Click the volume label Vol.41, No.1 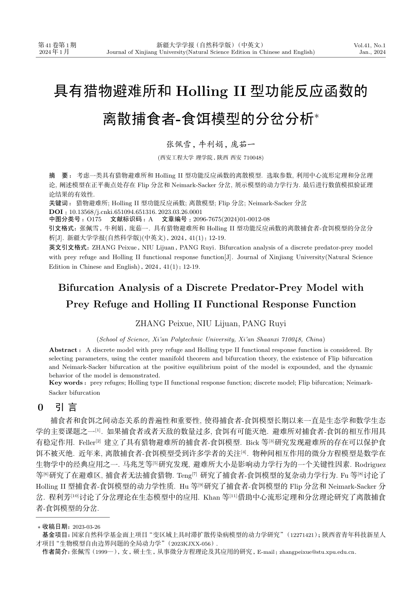click(x=370, y=45)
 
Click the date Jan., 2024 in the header click(x=372, y=52)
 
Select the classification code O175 click(x=94, y=219)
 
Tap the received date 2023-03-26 click(x=86, y=527)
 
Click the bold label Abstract click(x=63, y=350)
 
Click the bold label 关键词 click(x=60, y=203)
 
